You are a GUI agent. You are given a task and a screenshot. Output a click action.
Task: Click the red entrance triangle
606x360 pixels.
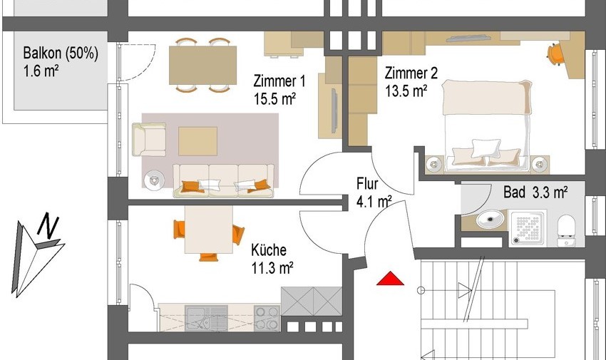click(391, 279)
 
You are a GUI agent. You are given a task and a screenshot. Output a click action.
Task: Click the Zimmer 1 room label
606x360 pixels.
click(279, 81)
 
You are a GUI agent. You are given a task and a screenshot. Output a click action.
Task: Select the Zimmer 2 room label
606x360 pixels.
click(411, 73)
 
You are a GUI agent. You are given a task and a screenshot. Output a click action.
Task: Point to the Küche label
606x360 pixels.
click(269, 250)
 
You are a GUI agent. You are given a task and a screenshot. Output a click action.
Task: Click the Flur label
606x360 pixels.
click(367, 183)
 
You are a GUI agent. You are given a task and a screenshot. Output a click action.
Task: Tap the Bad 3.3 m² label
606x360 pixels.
click(535, 192)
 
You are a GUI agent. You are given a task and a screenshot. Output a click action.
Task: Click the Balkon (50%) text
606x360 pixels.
click(61, 53)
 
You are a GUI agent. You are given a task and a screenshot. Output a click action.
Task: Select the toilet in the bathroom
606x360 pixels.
click(566, 230)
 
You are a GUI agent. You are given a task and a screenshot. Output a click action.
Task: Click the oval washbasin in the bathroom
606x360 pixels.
click(490, 219)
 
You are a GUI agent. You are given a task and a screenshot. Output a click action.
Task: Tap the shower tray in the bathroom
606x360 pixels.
click(528, 227)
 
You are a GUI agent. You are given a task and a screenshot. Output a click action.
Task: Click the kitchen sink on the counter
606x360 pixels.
click(206, 318)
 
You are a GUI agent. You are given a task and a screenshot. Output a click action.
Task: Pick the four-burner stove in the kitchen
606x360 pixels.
click(267, 318)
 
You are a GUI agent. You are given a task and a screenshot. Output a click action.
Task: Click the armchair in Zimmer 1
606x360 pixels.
click(149, 140)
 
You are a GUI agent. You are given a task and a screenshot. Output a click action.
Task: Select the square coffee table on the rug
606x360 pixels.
click(197, 141)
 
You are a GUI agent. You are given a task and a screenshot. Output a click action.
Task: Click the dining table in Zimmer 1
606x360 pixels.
click(203, 65)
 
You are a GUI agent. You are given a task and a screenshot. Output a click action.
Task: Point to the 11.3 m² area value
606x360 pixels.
click(272, 267)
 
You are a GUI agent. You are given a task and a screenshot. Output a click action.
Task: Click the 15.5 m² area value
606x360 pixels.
click(274, 99)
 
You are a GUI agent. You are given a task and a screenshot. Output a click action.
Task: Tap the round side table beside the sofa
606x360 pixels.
click(154, 180)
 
